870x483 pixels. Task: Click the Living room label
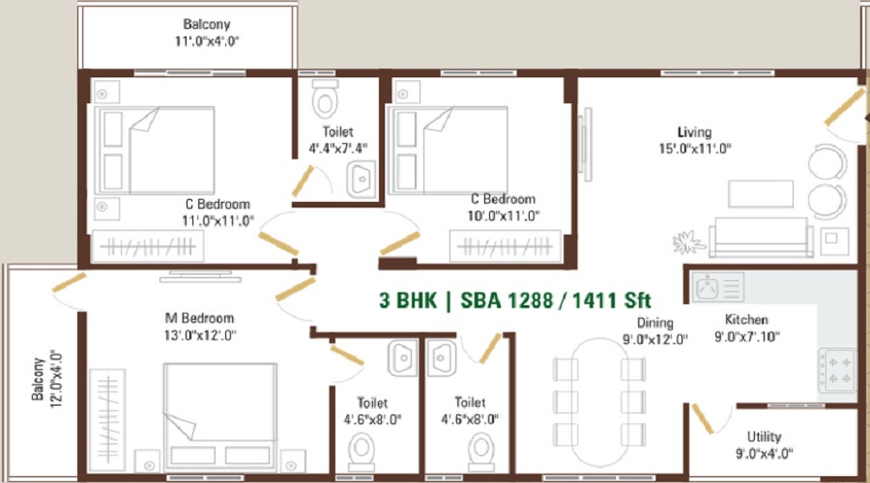(x=694, y=132)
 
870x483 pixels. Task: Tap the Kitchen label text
(x=746, y=320)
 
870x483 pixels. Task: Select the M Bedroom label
(x=200, y=319)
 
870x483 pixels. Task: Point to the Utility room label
(x=764, y=437)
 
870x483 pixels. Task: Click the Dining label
(x=654, y=323)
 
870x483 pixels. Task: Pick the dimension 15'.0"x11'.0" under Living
(x=695, y=149)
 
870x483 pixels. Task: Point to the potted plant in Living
(x=688, y=242)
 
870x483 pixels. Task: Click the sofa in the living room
(x=761, y=238)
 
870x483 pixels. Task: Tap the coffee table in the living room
(x=761, y=193)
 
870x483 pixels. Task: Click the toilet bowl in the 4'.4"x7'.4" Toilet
(x=325, y=99)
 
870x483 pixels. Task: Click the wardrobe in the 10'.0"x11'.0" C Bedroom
(x=506, y=246)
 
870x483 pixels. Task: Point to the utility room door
(x=702, y=418)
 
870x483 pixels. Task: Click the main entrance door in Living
(x=845, y=107)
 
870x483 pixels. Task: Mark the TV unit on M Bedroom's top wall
(x=200, y=276)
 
